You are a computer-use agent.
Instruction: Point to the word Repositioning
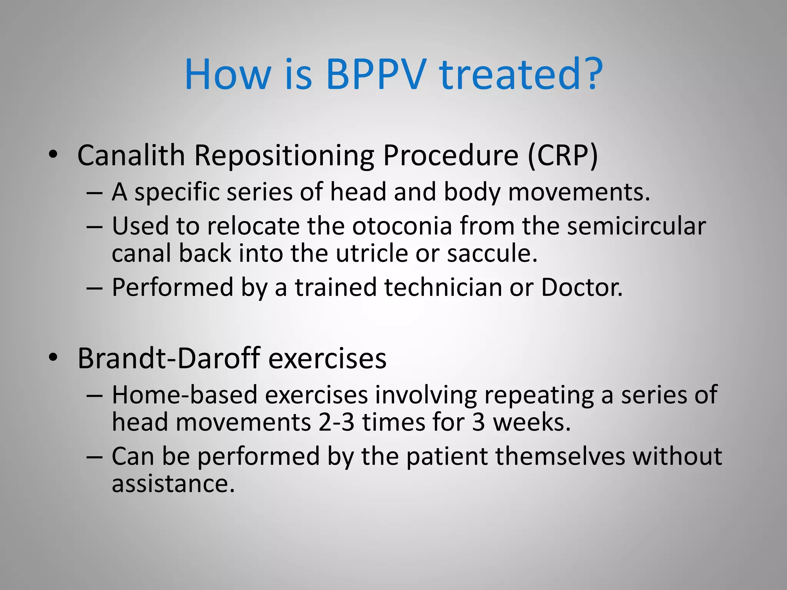[284, 156]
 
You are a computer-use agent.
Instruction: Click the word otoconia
[402, 226]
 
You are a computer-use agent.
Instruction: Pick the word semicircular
[636, 226]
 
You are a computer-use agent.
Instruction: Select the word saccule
[492, 254]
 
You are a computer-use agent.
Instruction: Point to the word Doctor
[581, 287]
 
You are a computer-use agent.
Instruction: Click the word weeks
[531, 423]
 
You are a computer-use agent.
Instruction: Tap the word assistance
[173, 483]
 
